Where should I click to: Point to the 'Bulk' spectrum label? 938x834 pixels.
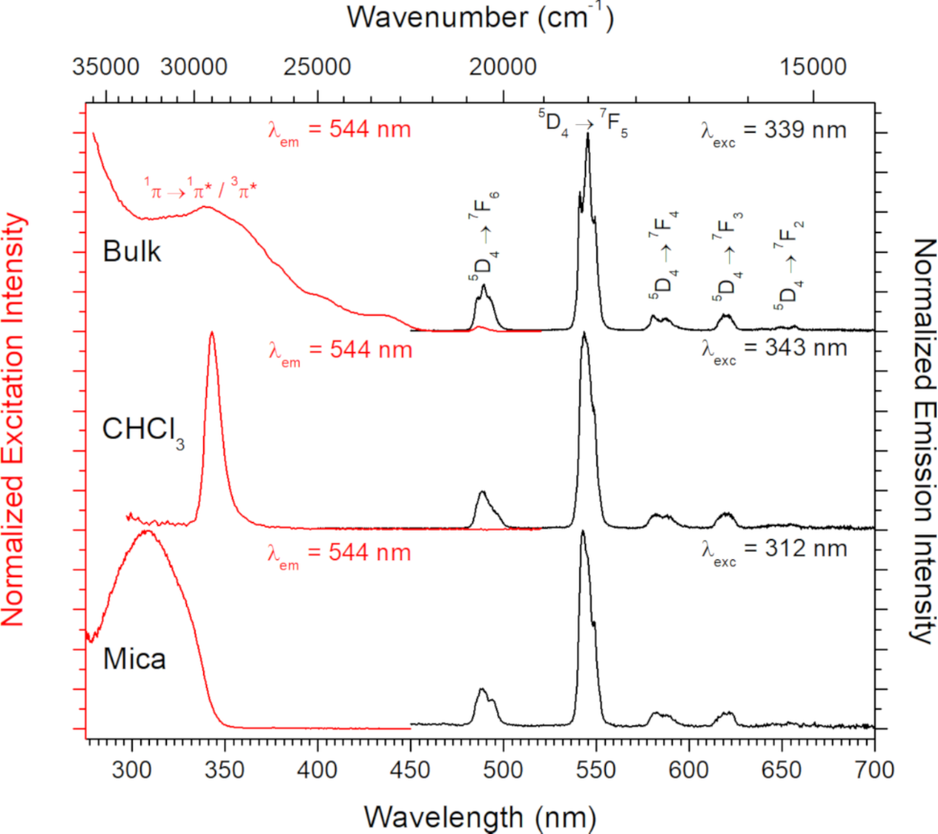(x=133, y=253)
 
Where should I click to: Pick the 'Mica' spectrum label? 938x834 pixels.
(x=135, y=657)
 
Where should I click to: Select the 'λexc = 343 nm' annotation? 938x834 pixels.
(x=772, y=350)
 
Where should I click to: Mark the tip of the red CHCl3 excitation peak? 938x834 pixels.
(x=212, y=333)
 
